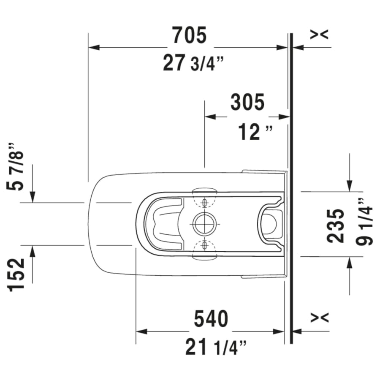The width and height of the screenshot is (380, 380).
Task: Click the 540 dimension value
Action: [211, 318]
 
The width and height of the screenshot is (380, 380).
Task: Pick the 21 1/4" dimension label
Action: [215, 348]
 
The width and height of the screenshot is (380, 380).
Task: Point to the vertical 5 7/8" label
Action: [17, 166]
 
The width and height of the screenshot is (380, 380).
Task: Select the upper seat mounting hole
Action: [204, 203]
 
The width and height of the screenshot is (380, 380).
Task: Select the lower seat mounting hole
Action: [204, 244]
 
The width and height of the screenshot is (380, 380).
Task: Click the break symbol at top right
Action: [319, 35]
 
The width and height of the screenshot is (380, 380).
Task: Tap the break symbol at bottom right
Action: [319, 317]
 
